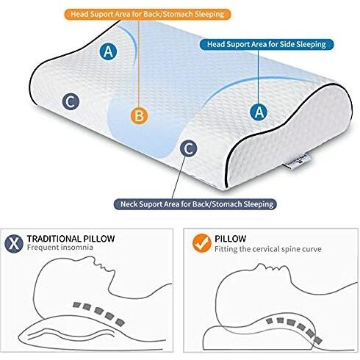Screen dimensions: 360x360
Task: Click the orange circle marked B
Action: point(139,115)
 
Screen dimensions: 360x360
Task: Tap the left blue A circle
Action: point(108,51)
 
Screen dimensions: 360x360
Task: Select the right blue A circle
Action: point(259,112)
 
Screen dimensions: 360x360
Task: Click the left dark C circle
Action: point(71,101)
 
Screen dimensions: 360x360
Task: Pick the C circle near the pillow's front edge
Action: point(188,148)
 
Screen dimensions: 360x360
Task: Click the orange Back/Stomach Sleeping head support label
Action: point(148,14)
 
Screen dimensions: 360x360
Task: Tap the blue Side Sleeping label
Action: point(267,45)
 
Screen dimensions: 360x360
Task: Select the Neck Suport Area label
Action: point(195,204)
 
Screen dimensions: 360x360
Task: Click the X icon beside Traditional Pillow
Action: point(14,243)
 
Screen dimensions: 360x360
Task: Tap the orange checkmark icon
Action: point(202,243)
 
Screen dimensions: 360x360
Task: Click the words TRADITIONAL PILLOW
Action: point(71,239)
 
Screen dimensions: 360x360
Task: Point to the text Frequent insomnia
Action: point(60,248)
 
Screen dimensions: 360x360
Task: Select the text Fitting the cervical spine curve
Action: point(268,249)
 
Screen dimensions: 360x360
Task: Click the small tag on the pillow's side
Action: point(297,162)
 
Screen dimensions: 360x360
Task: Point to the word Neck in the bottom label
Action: point(129,204)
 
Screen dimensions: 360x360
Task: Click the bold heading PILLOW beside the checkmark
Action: point(231,239)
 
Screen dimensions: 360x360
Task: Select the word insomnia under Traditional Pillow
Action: point(77,248)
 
